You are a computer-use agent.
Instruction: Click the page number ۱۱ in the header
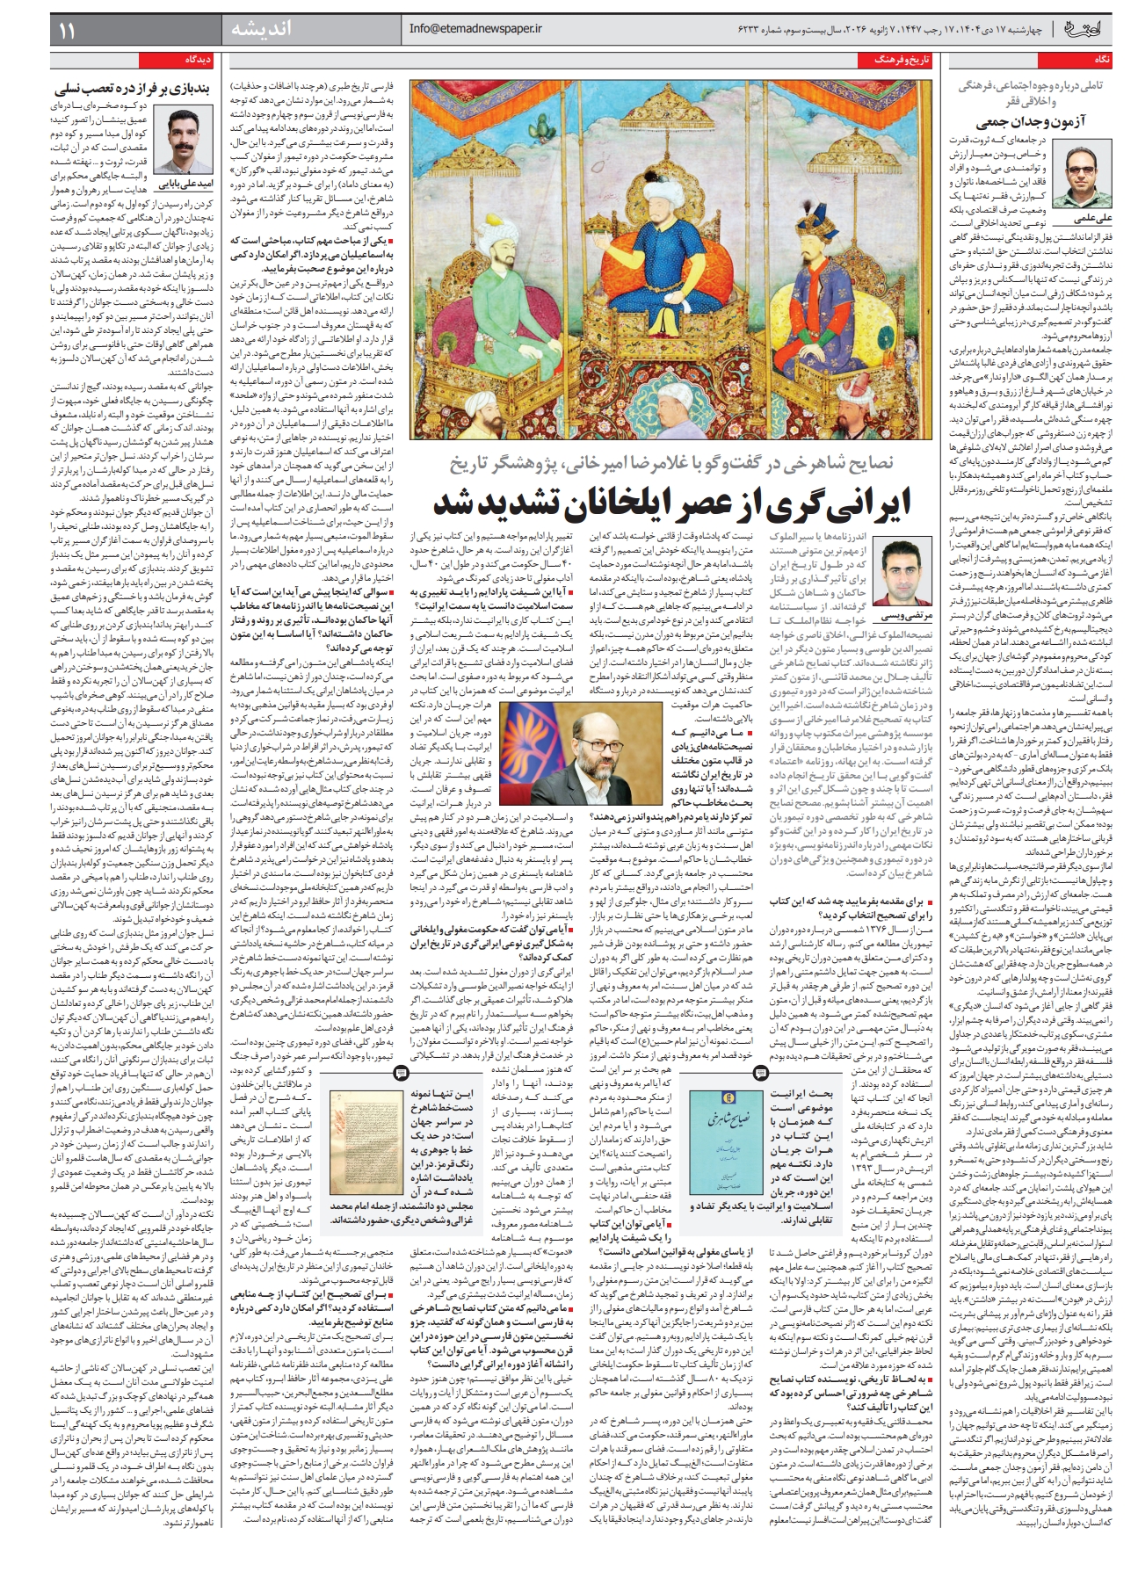pos(67,31)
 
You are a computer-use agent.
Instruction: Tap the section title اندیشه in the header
pos(260,30)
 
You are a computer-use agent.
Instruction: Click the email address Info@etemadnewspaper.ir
pos(475,29)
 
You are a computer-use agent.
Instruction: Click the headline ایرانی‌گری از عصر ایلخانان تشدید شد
pos(672,503)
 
